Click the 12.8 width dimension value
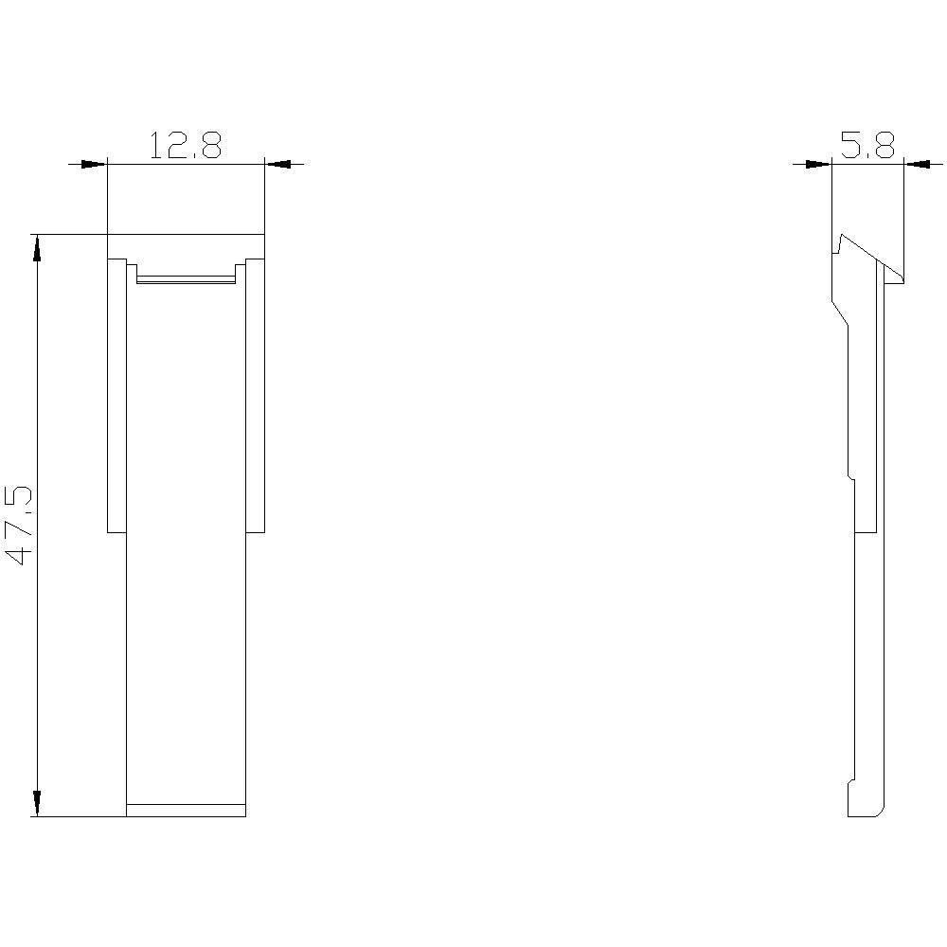[x=186, y=145]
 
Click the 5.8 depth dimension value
[x=867, y=145]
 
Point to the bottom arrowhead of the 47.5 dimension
[x=37, y=802]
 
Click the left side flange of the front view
[x=116, y=396]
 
